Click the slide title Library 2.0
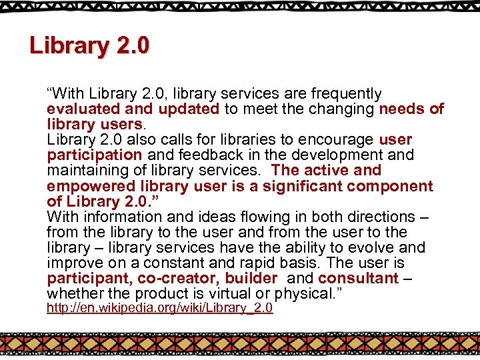point(89,46)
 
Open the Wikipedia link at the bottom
point(159,308)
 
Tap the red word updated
point(188,109)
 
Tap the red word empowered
point(91,186)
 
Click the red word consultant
point(358,278)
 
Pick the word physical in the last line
point(297,293)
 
